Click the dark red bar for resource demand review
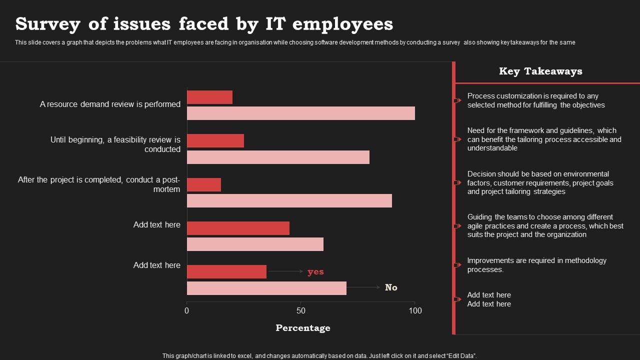click(x=209, y=97)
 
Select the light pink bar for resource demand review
click(x=300, y=113)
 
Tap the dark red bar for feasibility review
click(x=215, y=141)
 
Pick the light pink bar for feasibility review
click(x=278, y=157)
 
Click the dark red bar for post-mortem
click(x=204, y=184)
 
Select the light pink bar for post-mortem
click(x=289, y=200)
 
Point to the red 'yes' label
click(x=315, y=271)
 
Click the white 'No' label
click(x=391, y=287)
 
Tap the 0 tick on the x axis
click(x=187, y=310)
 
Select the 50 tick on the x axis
click(x=300, y=310)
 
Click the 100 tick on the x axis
click(x=415, y=310)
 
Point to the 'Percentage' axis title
click(x=303, y=328)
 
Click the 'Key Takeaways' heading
click(x=540, y=71)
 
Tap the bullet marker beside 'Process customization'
click(x=457, y=100)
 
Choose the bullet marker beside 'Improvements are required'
click(x=457, y=265)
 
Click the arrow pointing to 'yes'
click(x=285, y=271)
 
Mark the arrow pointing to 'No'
click(x=363, y=287)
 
